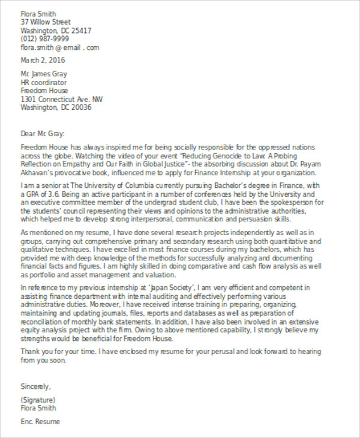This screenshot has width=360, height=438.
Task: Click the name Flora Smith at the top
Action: pyautogui.click(x=38, y=13)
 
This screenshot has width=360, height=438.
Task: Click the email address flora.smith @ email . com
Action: pyautogui.click(x=60, y=47)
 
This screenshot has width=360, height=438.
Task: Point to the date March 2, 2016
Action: pyautogui.click(x=43, y=61)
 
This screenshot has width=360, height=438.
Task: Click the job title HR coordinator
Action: pyautogui.click(x=44, y=82)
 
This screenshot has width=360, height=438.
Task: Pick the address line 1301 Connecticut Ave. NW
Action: pyautogui.click(x=62, y=99)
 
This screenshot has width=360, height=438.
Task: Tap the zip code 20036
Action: pyautogui.click(x=81, y=108)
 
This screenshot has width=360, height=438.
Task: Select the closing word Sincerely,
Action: pyautogui.click(x=36, y=386)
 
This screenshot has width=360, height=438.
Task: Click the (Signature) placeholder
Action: pyautogui.click(x=38, y=400)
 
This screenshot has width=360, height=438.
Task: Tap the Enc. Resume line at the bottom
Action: pyautogui.click(x=40, y=421)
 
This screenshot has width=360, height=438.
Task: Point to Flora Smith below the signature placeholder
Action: pyautogui.click(x=38, y=408)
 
